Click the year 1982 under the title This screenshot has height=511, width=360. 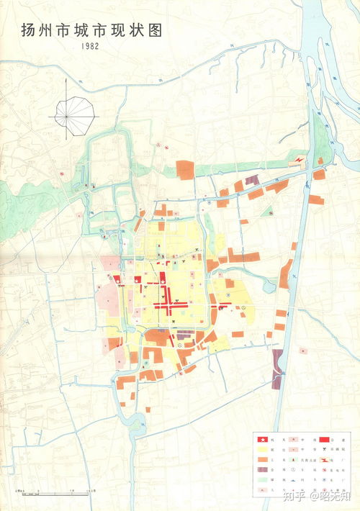91,45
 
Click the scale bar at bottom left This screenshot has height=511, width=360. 54,493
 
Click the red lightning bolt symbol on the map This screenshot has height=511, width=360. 298,159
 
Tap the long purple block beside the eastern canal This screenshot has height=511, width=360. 277,368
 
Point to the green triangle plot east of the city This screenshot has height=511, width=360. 267,211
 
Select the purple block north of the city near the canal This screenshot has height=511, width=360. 251,181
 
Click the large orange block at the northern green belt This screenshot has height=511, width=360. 185,169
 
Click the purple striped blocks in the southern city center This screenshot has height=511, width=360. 185,335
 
